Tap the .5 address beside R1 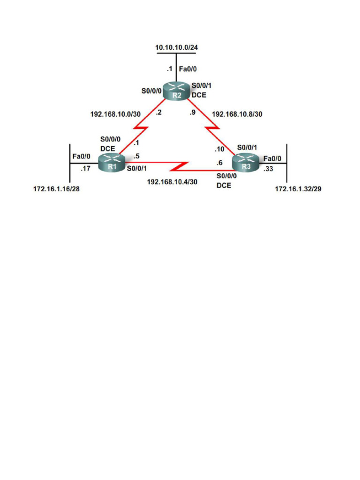pyautogui.click(x=136, y=156)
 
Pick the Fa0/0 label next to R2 pyautogui.click(x=188, y=69)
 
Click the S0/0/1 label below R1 pyautogui.click(x=136, y=170)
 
